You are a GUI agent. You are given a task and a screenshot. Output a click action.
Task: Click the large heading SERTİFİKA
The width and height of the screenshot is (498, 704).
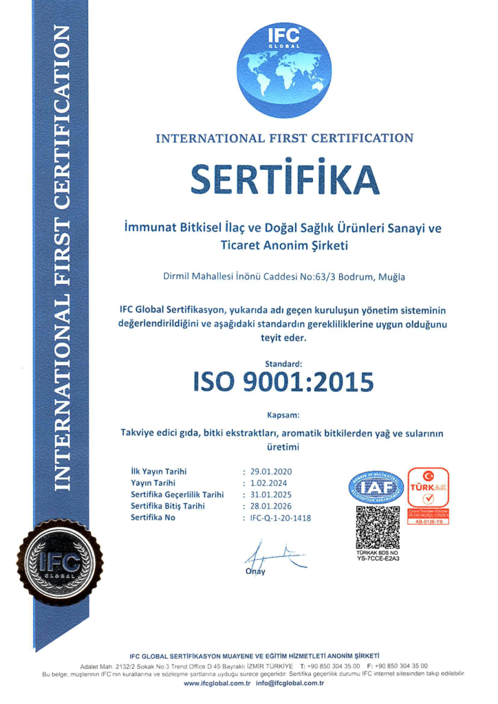(284, 179)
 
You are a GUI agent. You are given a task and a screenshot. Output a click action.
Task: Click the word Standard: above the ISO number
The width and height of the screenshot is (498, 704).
(283, 362)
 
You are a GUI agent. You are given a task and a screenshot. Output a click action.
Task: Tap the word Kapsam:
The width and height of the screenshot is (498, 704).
(283, 415)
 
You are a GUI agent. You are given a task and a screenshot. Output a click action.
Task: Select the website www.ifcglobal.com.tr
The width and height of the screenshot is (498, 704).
(215, 683)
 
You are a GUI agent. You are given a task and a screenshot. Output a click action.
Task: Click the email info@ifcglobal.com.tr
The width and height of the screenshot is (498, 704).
(290, 683)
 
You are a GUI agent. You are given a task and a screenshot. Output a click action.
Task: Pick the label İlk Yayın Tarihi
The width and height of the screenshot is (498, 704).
(159, 472)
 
